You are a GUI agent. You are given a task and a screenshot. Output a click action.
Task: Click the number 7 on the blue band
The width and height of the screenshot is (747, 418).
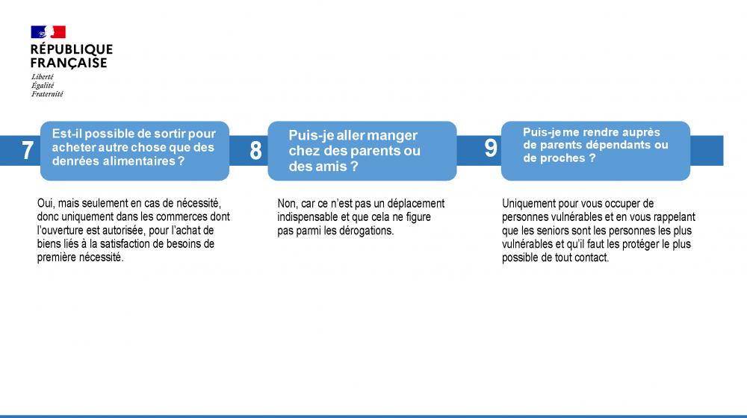(28, 151)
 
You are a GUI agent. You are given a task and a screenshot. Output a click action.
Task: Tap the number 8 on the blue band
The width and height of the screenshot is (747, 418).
(255, 151)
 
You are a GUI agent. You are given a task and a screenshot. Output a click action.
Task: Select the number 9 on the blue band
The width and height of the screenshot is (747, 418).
(491, 148)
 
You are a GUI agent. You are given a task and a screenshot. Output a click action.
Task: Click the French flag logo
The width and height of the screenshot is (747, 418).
(48, 32)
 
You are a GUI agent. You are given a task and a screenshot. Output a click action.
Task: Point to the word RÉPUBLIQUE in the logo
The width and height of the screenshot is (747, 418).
(72, 49)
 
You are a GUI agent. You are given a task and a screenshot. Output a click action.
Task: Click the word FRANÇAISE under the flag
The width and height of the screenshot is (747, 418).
(69, 63)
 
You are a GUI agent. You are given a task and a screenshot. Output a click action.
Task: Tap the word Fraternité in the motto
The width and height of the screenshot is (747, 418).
(47, 94)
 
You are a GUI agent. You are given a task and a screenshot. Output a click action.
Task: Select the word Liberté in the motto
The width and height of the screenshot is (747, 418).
(43, 77)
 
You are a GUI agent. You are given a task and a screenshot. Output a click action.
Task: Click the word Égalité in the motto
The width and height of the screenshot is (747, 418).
(43, 85)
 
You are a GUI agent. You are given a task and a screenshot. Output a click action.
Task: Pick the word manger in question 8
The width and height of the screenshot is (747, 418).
(392, 135)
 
